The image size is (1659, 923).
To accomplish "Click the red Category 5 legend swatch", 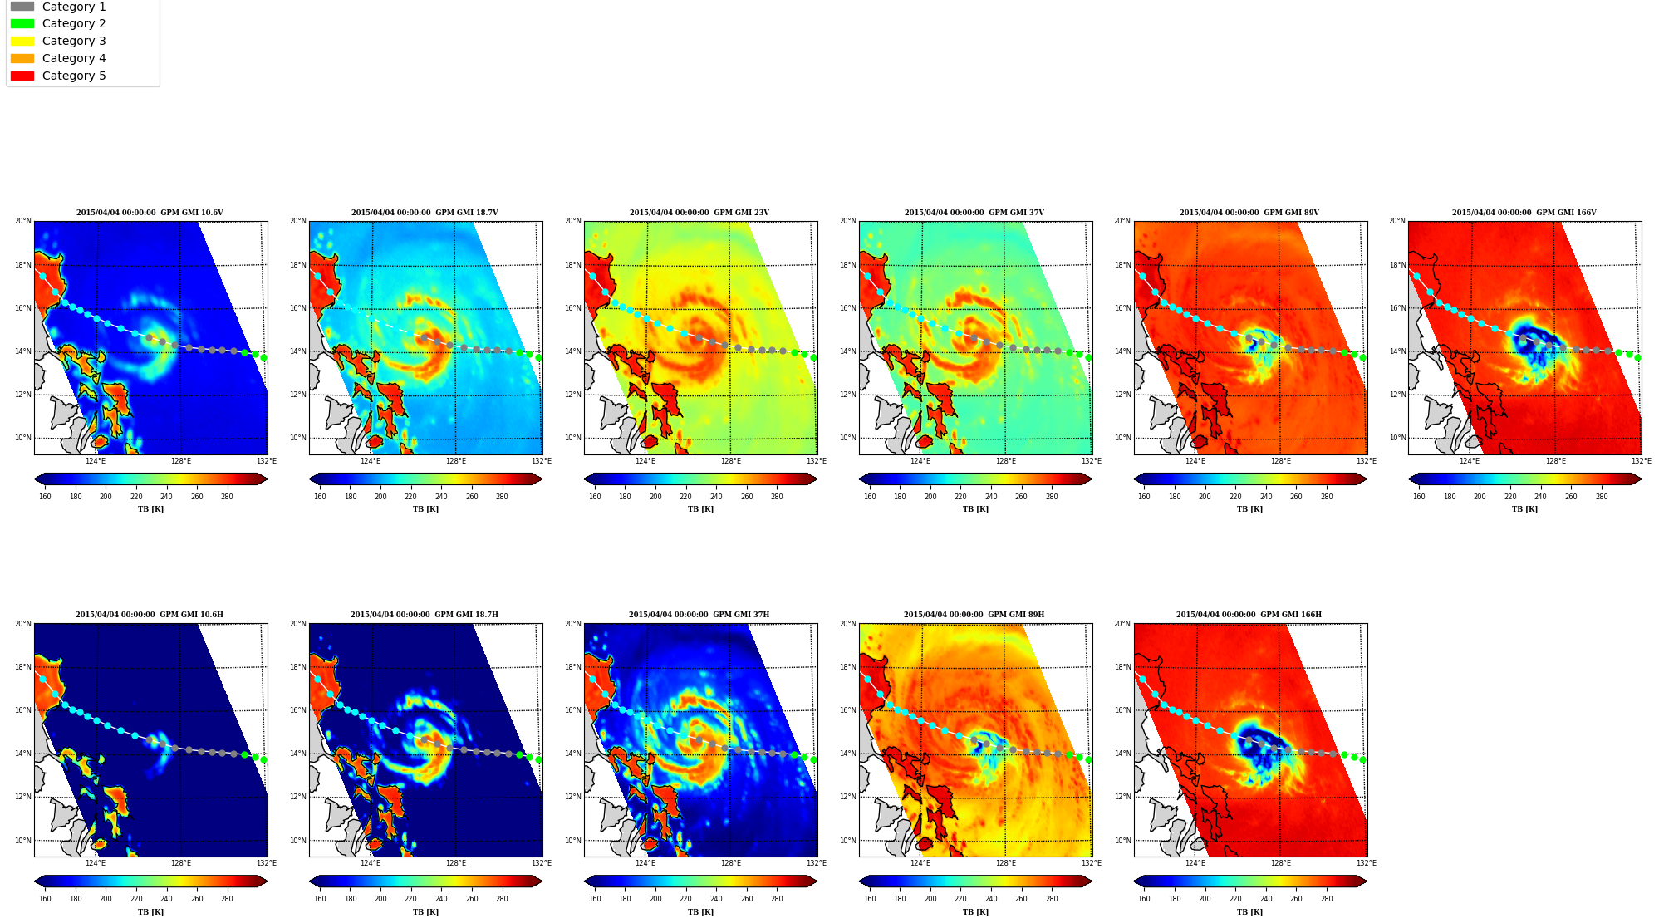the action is [x=22, y=76].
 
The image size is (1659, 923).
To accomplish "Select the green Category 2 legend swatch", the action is [x=22, y=23].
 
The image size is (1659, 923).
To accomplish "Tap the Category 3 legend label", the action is [x=74, y=41].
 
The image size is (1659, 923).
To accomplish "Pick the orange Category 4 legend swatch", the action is [x=22, y=58].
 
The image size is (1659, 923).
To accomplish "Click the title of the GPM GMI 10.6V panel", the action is [x=150, y=213].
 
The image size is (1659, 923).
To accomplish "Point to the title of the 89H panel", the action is [x=974, y=615].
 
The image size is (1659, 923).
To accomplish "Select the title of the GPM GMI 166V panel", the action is [x=1524, y=213].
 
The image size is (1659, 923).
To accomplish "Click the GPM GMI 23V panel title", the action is [x=699, y=213].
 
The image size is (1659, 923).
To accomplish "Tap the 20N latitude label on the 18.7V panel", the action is [x=298, y=221].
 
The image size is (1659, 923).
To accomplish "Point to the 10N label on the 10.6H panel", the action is [x=23, y=841].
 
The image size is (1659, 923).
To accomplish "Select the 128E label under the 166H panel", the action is [x=1281, y=863].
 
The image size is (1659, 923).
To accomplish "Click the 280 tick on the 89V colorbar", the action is [x=1327, y=497].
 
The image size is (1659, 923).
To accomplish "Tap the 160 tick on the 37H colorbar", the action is [x=595, y=899].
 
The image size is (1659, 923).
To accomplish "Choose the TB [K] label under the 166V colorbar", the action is [x=1524, y=509].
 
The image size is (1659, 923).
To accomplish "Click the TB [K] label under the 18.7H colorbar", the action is [x=425, y=912].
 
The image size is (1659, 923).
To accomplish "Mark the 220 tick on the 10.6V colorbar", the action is [x=136, y=497].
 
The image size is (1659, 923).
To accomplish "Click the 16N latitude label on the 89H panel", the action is [x=848, y=710].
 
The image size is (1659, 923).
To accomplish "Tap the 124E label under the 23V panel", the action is [x=645, y=461].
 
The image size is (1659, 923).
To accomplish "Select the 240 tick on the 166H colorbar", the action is [x=1266, y=899].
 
